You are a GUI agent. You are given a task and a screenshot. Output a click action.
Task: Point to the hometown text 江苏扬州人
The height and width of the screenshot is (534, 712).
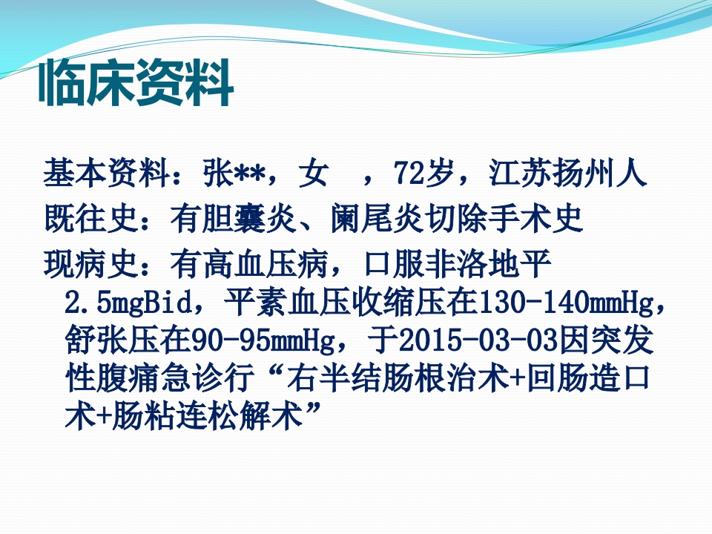point(568,174)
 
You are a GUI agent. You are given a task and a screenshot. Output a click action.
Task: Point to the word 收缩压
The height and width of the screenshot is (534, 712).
point(400,303)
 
